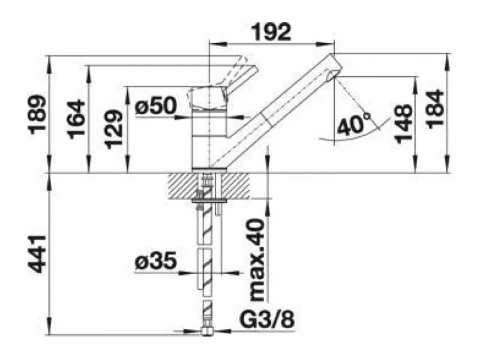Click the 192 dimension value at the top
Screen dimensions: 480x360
tap(271, 32)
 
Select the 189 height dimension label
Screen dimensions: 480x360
tap(38, 115)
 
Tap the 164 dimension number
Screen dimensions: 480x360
tap(76, 119)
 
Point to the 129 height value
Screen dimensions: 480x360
tap(113, 129)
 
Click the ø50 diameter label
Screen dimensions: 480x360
tap(156, 106)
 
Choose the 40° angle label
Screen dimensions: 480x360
tap(352, 125)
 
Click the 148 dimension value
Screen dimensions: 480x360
tap(403, 124)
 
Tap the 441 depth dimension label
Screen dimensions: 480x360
tap(38, 254)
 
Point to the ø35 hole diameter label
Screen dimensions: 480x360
tap(156, 260)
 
